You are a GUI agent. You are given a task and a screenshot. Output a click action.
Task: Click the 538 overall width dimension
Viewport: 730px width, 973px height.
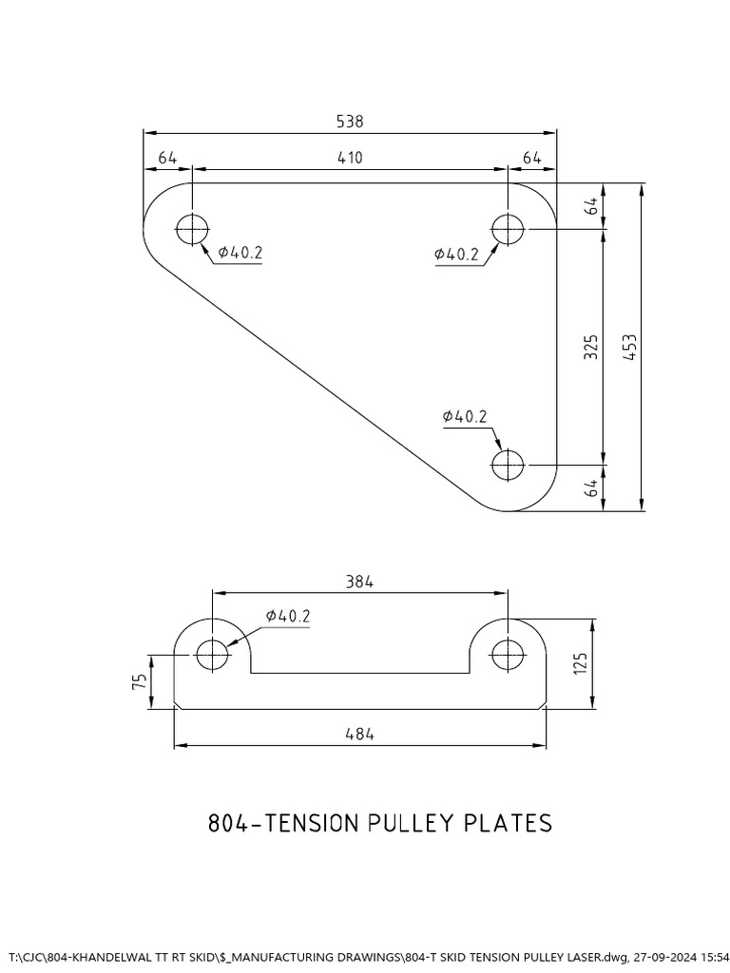tap(350, 122)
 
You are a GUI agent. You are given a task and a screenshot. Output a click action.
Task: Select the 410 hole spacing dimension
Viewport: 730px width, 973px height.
tap(350, 158)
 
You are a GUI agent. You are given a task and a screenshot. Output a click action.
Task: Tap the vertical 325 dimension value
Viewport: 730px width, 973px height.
tap(591, 347)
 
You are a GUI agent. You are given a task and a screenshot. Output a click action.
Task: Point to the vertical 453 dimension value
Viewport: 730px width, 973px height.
tap(628, 347)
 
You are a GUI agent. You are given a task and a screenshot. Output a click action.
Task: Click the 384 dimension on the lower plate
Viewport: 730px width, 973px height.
tap(359, 581)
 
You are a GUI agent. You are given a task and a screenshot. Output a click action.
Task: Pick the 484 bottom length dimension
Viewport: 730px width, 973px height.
tap(359, 734)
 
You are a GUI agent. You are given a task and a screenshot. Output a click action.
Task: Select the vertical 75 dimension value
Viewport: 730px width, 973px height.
tap(140, 681)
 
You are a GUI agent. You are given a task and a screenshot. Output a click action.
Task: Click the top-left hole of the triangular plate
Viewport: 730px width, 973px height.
tap(191, 229)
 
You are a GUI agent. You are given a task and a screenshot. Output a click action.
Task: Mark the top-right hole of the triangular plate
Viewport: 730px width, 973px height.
tap(508, 229)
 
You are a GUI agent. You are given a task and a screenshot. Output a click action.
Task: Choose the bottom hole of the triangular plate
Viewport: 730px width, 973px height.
tap(508, 465)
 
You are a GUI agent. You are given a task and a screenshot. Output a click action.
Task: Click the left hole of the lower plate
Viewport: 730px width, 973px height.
tap(212, 654)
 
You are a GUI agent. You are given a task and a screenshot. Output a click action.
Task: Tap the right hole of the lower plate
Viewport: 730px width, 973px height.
tap(509, 654)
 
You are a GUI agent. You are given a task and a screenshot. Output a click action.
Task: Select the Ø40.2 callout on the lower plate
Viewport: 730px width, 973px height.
tap(288, 617)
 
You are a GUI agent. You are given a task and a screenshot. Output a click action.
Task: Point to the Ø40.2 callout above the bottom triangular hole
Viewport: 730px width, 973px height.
tap(464, 416)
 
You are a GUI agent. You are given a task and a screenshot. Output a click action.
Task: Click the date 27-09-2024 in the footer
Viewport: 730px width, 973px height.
tap(656, 955)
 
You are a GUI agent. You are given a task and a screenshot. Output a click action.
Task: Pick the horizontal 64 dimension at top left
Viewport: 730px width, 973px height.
tap(167, 158)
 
